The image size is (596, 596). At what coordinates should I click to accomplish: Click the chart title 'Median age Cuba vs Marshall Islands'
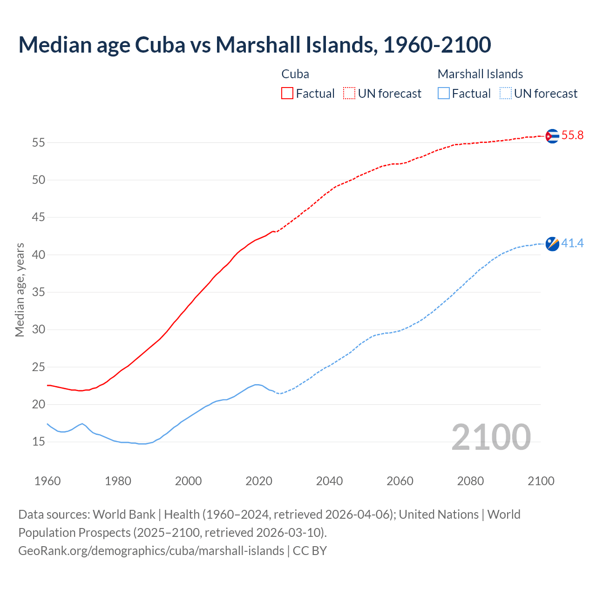coord(254,45)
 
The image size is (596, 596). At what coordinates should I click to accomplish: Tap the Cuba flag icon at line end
coord(552,136)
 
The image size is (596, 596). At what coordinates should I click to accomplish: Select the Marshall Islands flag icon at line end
coord(552,244)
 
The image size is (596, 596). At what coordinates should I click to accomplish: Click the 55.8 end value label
coord(572,135)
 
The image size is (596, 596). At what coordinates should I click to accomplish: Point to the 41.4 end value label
coord(572,243)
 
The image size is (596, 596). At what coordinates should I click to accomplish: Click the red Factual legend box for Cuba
coord(287,94)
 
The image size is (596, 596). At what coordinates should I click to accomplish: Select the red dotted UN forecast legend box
coord(349,94)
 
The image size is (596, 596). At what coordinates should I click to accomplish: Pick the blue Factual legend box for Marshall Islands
coord(444,94)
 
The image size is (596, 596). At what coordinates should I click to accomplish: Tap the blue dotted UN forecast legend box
coord(505,94)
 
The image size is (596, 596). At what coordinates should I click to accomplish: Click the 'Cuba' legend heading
coord(295,74)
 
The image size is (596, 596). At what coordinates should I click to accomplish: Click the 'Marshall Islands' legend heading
coord(480,74)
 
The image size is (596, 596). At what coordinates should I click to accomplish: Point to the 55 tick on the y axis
coord(38,142)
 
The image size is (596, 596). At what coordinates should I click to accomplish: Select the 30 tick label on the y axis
coord(38,330)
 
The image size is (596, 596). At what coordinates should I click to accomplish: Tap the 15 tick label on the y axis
coord(38,442)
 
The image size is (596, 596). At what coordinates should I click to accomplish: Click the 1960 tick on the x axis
coord(47,481)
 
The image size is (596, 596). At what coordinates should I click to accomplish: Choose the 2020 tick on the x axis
coord(259,481)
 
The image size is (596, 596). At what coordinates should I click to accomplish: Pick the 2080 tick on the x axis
coord(470,481)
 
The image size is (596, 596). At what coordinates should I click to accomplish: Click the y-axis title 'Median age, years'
coord(20,290)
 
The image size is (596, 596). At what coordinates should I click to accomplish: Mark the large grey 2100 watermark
coord(491,437)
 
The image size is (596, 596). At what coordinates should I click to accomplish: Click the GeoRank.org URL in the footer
coord(151,551)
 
